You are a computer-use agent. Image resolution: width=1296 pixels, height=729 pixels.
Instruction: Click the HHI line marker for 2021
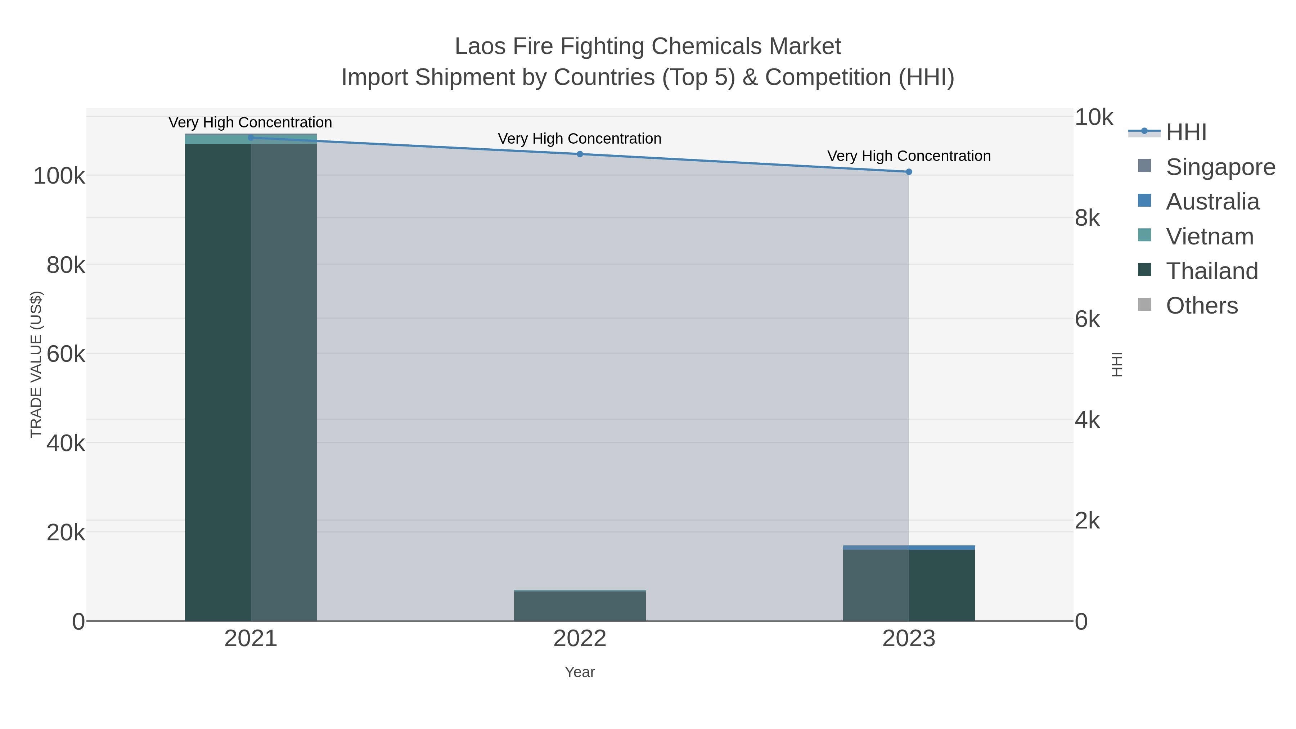(251, 138)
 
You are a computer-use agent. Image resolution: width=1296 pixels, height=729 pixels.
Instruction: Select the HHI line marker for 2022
(580, 154)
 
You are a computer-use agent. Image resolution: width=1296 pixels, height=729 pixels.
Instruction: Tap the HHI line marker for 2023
(909, 172)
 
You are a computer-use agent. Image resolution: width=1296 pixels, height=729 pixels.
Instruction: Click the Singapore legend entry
(1220, 167)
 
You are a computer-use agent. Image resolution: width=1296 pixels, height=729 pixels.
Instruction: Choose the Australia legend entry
(1212, 201)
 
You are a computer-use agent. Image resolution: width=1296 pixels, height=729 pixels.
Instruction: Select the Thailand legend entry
(1211, 271)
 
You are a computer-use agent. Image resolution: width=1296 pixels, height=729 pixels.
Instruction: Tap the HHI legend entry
(1186, 132)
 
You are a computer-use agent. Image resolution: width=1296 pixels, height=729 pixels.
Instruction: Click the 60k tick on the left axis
(66, 354)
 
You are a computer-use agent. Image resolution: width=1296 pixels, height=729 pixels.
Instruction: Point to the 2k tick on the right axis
(1087, 521)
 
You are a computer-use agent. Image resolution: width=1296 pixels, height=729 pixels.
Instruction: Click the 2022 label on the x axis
(580, 638)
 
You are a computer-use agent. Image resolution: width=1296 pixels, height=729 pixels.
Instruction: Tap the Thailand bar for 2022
(580, 606)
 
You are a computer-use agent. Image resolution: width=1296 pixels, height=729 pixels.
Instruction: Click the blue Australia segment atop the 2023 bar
(909, 547)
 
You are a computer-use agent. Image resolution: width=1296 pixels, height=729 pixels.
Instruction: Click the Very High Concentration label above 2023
(909, 156)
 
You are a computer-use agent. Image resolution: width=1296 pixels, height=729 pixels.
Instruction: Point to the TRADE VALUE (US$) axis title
(36, 364)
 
